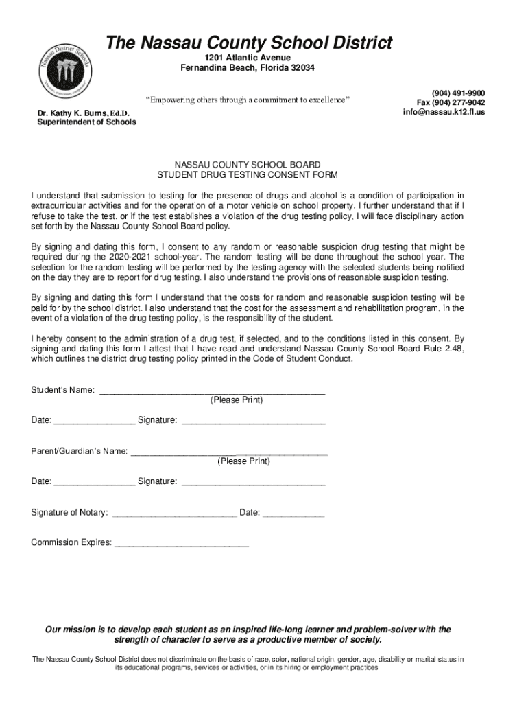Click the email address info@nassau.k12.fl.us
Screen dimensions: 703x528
pyautogui.click(x=444, y=112)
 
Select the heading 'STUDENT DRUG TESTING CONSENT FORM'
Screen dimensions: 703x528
pyautogui.click(x=247, y=175)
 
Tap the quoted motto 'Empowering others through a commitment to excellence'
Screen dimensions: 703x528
pyautogui.click(x=248, y=100)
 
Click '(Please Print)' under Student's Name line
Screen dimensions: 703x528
pyautogui.click(x=236, y=400)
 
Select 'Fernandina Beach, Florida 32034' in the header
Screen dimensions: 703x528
pyautogui.click(x=248, y=67)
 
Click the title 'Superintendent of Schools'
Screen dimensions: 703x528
pyautogui.click(x=86, y=122)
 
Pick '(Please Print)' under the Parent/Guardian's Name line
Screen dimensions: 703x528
pyautogui.click(x=243, y=461)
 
